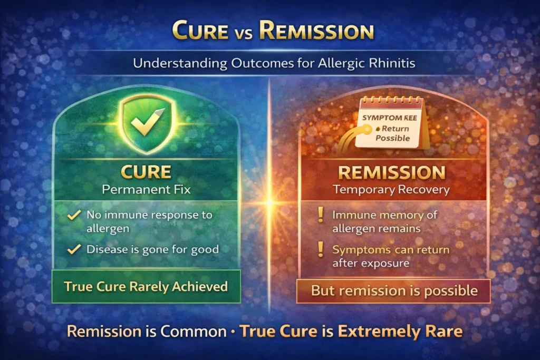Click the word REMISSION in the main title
(x=316, y=31)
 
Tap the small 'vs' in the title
(x=245, y=33)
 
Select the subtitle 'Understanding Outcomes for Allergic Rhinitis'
(x=269, y=64)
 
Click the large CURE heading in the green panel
(x=146, y=172)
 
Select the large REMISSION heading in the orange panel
(x=391, y=173)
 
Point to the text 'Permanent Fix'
(x=146, y=189)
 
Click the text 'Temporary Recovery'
(x=391, y=190)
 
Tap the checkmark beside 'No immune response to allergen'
(x=75, y=215)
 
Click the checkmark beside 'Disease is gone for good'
(x=75, y=249)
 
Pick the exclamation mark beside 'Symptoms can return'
(x=320, y=250)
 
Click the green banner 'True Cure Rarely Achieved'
(x=146, y=287)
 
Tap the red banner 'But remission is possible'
(x=394, y=290)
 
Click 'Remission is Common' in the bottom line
(x=147, y=332)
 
